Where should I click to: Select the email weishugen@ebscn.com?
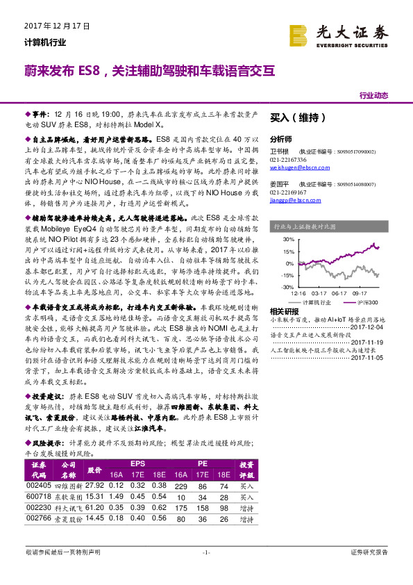(x=300, y=167)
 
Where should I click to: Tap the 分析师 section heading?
(x=281, y=139)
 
